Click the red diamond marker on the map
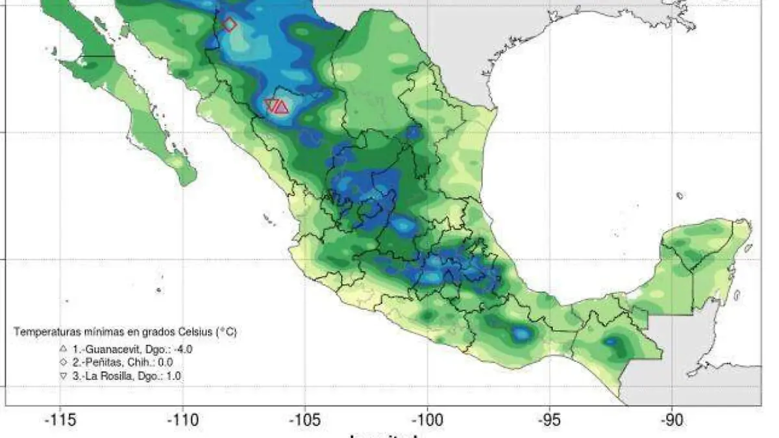click(229, 24)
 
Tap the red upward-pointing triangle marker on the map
click(281, 107)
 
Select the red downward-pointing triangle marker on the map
click(271, 104)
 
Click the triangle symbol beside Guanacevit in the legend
click(63, 348)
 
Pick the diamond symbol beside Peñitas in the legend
click(63, 362)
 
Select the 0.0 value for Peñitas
click(165, 363)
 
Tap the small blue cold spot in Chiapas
click(611, 341)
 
